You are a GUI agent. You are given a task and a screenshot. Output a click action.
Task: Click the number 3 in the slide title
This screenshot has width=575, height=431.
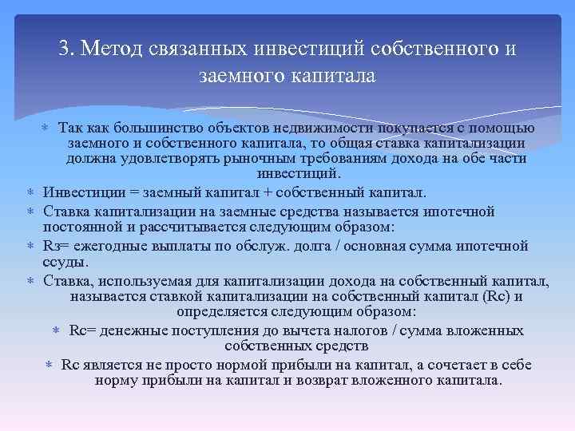64,49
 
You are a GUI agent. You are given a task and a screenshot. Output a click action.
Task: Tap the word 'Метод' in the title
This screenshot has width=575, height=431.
111,49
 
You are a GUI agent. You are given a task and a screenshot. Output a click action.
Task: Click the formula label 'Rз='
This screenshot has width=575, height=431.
57,245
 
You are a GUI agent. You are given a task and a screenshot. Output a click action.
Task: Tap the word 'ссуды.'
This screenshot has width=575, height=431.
66,262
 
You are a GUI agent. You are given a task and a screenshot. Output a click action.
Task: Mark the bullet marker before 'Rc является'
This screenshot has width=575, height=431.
49,366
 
